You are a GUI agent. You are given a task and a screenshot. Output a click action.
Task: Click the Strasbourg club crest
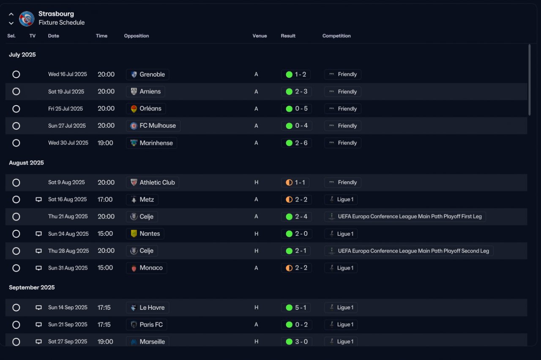[x=27, y=19]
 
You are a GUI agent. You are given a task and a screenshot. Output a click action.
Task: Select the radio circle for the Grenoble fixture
[x=16, y=74]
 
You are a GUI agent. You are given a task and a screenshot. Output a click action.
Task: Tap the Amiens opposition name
[x=150, y=92]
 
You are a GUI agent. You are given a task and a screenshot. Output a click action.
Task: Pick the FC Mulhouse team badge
[x=134, y=126]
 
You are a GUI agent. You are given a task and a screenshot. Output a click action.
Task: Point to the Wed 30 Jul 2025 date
[x=68, y=143]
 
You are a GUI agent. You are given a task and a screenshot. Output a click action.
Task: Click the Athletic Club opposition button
[x=153, y=182]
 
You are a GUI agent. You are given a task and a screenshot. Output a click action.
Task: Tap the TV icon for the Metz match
[x=38, y=199]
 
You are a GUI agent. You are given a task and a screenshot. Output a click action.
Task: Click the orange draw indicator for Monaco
[x=289, y=268]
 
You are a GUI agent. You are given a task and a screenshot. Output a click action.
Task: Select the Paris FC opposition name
[x=151, y=325]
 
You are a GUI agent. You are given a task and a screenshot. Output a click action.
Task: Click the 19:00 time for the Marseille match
[x=105, y=342]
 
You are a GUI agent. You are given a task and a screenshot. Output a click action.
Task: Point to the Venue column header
[x=260, y=36]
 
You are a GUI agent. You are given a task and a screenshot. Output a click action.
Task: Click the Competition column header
[x=336, y=36]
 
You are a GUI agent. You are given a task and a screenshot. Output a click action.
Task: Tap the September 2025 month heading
[x=32, y=287]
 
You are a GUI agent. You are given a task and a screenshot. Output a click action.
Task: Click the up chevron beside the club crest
[x=11, y=14]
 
